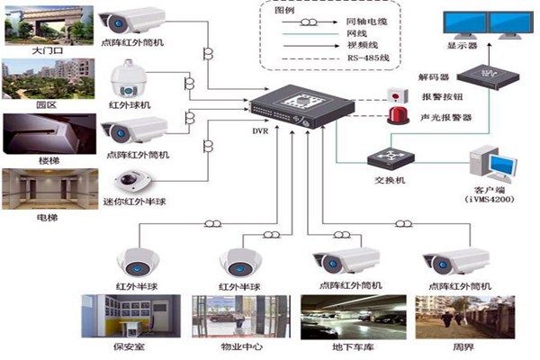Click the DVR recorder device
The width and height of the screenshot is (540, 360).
coord(291,106)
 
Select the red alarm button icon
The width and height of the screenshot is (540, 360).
coord(394,94)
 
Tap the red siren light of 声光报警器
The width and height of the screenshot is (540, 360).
coord(394,116)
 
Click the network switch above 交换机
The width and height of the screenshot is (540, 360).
coord(388,159)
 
